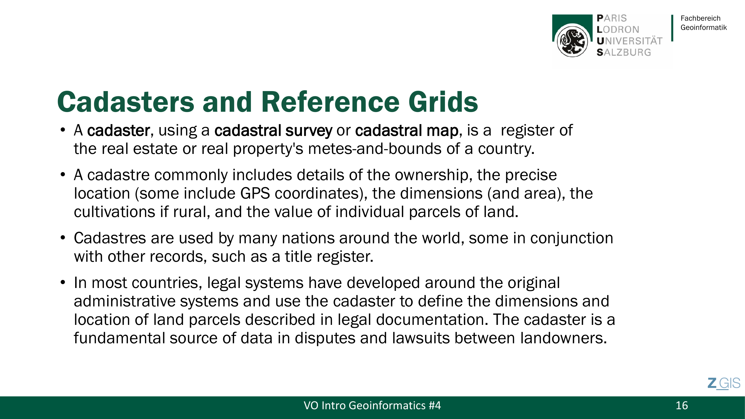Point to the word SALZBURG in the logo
click(624, 52)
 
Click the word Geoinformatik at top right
click(704, 27)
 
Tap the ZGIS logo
click(724, 384)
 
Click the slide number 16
click(682, 405)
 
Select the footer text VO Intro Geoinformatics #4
click(372, 405)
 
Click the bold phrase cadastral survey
click(273, 130)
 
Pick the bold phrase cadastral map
click(407, 130)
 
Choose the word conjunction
click(572, 239)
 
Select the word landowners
click(564, 338)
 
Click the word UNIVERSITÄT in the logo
click(629, 41)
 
